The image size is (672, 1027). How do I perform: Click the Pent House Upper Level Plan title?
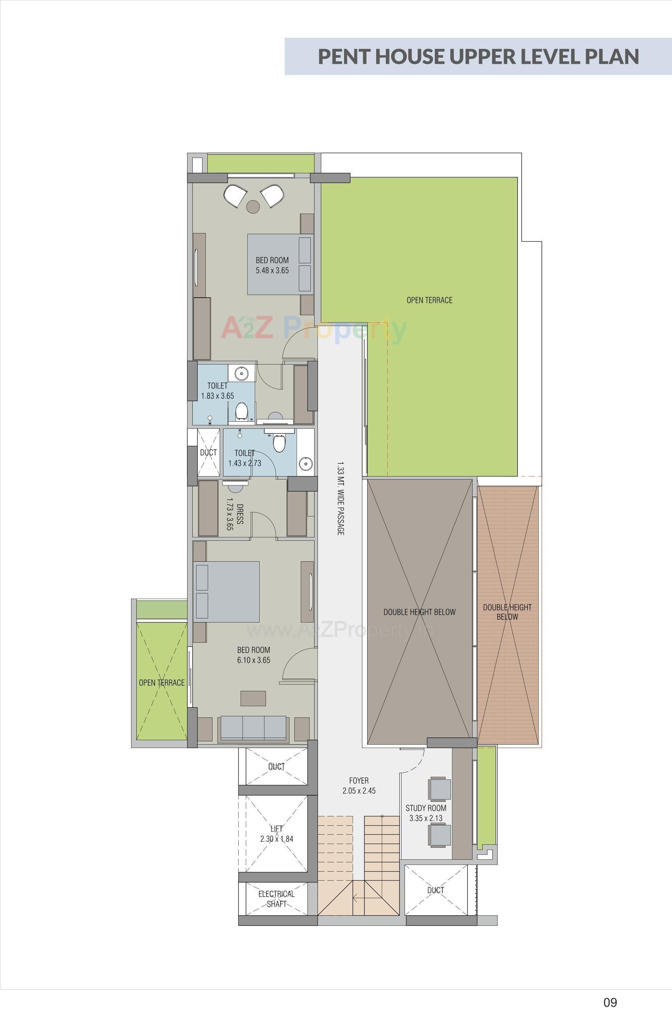(478, 56)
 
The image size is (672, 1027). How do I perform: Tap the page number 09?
(610, 1002)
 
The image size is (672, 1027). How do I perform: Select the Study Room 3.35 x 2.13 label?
(425, 813)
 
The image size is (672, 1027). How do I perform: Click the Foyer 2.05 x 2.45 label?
(359, 785)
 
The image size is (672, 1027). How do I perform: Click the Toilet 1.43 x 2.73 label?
(244, 458)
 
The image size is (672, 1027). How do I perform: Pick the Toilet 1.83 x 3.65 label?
(217, 391)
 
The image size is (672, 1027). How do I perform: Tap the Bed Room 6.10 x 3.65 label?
(253, 655)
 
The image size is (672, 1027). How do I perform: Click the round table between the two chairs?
(253, 207)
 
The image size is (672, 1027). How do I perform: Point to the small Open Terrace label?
(161, 683)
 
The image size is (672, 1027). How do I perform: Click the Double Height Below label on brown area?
(507, 612)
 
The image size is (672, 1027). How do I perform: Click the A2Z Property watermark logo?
(314, 329)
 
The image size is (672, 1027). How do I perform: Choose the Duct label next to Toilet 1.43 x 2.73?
(208, 453)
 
